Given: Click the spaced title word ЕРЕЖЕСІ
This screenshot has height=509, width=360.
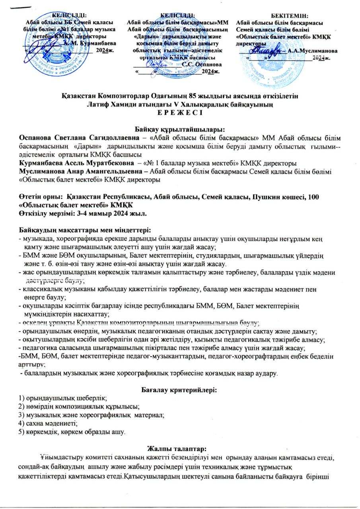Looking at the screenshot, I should [180, 113].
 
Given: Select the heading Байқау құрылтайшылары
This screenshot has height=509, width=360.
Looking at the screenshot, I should [180, 129].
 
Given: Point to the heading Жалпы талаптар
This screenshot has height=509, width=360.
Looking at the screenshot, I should [180, 449].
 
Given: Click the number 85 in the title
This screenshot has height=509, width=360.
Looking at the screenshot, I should [177, 96].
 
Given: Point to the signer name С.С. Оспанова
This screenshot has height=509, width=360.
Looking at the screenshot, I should [204, 64].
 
